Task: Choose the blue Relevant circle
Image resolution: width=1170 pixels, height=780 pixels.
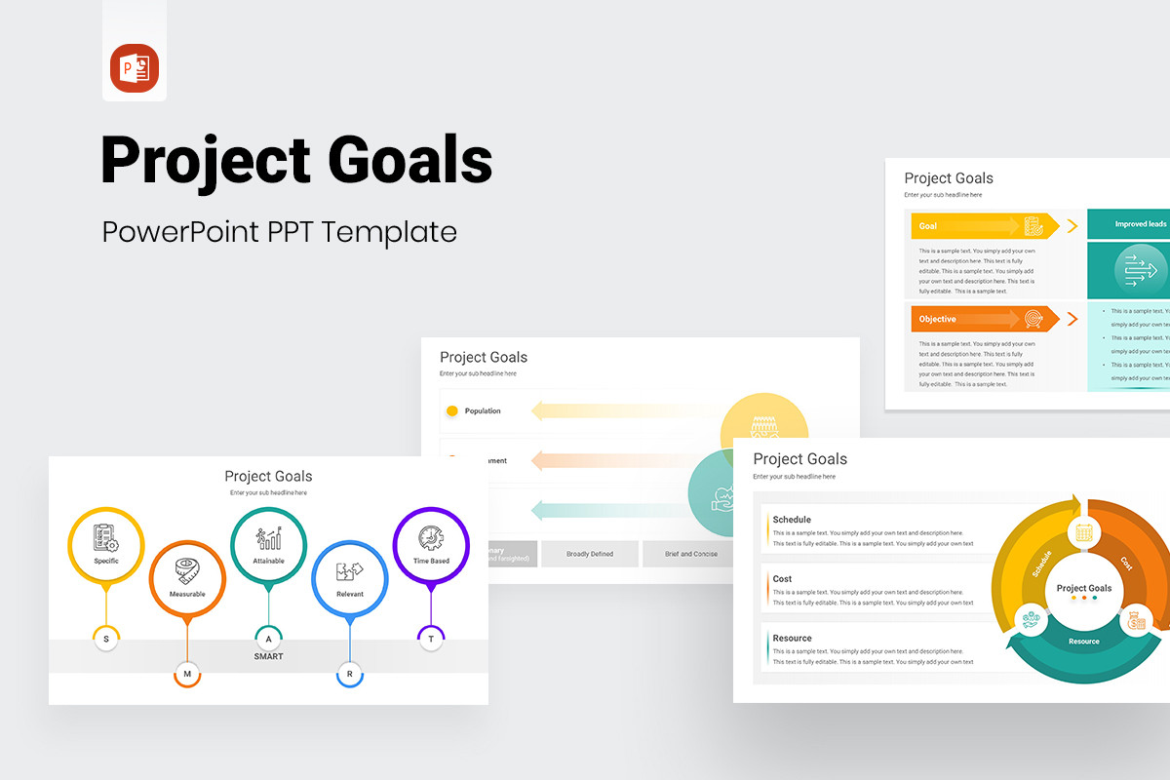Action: tap(349, 578)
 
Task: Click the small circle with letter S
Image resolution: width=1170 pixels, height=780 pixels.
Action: tap(106, 639)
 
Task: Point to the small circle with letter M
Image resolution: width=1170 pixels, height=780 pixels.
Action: tap(187, 673)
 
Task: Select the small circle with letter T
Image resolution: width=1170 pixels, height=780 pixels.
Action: tap(431, 639)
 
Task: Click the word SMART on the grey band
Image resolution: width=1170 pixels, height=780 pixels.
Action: tap(268, 656)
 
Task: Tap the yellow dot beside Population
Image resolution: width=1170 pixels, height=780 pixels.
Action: tap(451, 411)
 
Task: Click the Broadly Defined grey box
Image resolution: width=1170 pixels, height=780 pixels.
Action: tap(590, 554)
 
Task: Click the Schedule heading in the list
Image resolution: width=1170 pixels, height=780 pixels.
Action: tap(792, 520)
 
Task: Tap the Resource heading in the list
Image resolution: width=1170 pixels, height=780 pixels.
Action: tap(792, 639)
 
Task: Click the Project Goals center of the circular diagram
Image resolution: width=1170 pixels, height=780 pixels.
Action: tap(1084, 589)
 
